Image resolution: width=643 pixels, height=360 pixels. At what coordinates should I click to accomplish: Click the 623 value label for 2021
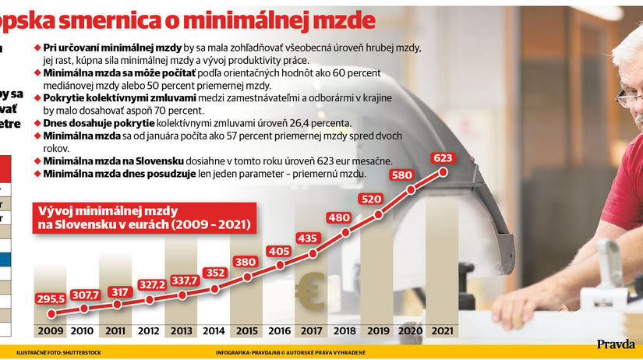click(443, 157)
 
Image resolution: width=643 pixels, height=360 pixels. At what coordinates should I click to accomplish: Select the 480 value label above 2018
click(346, 218)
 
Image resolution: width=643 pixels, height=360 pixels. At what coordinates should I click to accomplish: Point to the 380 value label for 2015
click(247, 262)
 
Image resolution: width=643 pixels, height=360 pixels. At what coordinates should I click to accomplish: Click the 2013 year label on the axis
click(182, 330)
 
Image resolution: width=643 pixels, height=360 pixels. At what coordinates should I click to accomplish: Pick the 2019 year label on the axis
click(377, 330)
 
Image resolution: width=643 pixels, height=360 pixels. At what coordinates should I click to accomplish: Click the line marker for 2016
click(280, 266)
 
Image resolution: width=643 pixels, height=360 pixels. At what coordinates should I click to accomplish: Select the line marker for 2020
click(410, 189)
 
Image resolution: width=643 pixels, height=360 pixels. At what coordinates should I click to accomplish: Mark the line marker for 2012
click(150, 299)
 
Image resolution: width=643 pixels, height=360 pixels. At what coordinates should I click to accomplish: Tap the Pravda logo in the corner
click(616, 344)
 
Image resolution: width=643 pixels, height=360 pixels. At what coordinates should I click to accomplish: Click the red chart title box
click(142, 217)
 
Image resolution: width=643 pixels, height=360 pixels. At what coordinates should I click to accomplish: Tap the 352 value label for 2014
click(214, 272)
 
